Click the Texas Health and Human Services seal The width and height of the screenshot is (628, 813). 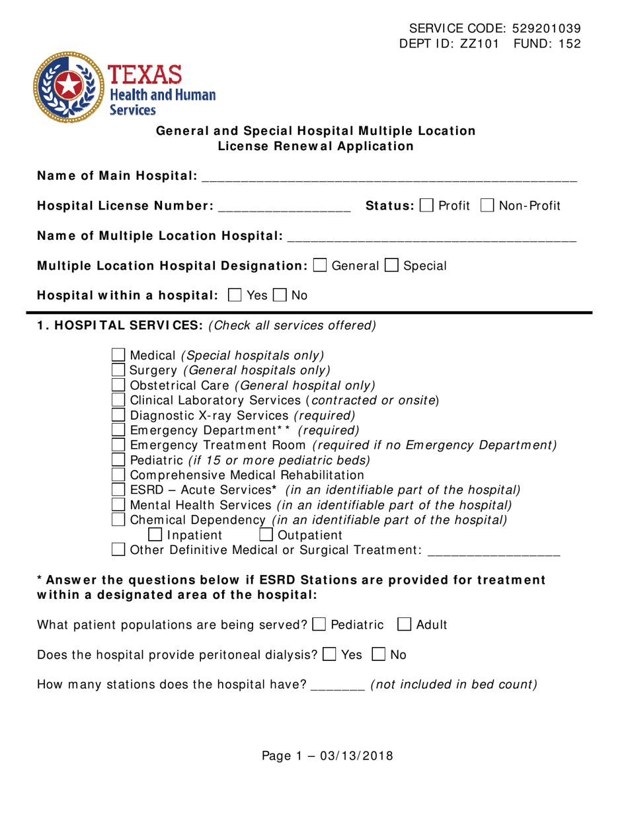[x=68, y=87]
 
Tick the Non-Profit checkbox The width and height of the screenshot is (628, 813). [x=488, y=206]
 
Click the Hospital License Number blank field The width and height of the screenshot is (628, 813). [x=284, y=207]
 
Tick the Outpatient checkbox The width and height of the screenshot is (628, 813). [x=267, y=534]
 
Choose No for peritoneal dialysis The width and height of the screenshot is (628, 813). [x=379, y=654]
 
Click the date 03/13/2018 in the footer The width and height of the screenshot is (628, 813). [x=356, y=755]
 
